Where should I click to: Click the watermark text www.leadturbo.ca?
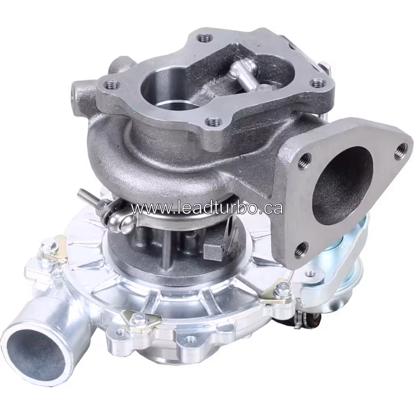click(207, 208)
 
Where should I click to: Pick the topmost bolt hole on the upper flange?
click(205, 38)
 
